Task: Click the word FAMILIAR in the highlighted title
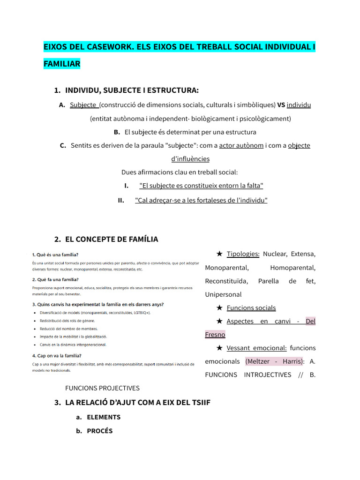62,63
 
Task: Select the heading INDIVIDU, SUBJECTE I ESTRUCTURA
132,90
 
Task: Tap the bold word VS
281,105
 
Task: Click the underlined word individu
299,105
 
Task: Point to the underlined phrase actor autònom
241,145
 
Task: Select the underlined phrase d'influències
190,159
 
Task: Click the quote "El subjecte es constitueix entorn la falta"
201,186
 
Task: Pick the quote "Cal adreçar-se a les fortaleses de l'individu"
201,200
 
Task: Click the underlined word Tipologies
243,254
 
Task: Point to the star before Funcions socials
219,307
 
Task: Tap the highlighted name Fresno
215,335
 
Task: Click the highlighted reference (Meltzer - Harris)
274,361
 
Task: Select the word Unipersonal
223,294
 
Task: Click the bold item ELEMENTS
104,417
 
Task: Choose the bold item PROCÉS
100,431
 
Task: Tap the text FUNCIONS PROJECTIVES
102,388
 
